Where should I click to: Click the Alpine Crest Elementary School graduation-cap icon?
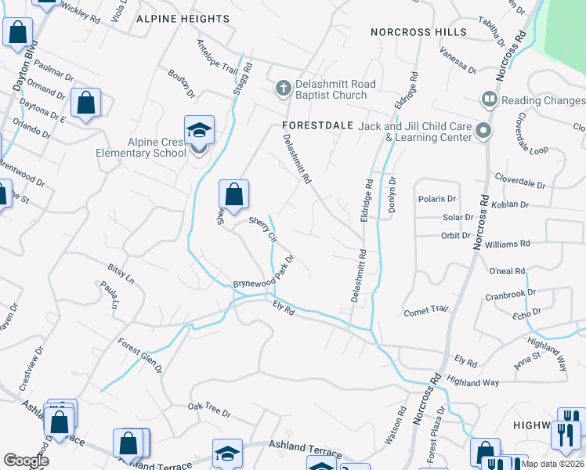199,130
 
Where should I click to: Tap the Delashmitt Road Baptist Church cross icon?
283,89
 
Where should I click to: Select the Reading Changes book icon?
490,99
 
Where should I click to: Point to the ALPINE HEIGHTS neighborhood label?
183,18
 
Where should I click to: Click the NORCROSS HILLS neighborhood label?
419,32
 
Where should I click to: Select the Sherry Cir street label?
263,228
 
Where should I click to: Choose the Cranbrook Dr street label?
509,295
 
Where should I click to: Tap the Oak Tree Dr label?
209,409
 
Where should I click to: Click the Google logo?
26,461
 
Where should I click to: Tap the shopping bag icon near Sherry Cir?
233,193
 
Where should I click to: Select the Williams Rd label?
508,245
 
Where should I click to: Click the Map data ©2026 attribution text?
553,464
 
